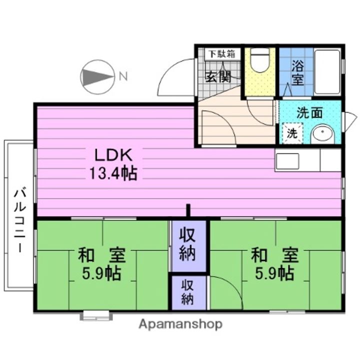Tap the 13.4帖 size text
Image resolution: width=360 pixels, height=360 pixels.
click(113, 173)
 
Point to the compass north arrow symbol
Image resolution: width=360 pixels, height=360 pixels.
click(96, 77)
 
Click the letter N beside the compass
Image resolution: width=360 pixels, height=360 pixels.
click(122, 76)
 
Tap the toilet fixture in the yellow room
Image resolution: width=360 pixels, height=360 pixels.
click(259, 62)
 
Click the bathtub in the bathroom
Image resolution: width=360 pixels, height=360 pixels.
click(327, 71)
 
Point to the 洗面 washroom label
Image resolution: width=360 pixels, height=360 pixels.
click(309, 113)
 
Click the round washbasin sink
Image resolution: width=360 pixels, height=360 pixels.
click(321, 134)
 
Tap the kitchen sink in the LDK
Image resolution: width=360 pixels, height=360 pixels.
click(287, 161)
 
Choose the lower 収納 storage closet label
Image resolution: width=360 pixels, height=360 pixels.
click(187, 292)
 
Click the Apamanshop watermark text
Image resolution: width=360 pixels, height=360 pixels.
click(180, 324)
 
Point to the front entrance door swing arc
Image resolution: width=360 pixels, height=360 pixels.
click(172, 75)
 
